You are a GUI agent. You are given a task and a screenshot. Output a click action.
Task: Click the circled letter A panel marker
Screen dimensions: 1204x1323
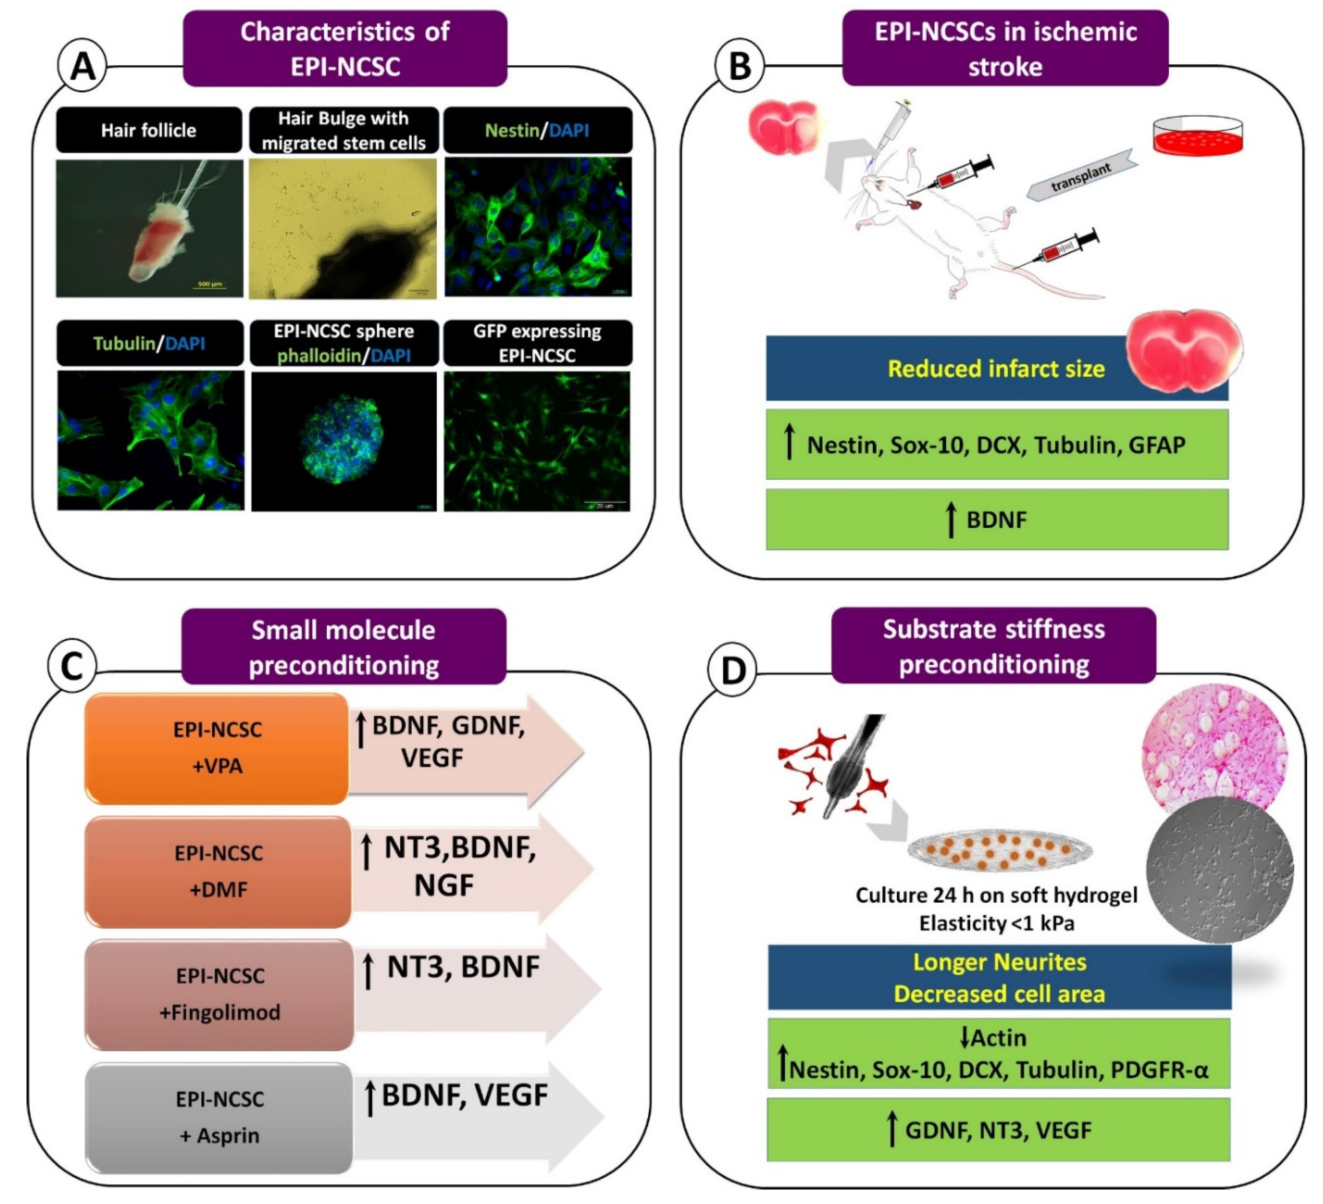click(x=83, y=67)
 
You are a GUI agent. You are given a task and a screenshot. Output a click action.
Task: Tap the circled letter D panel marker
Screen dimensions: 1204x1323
click(x=732, y=670)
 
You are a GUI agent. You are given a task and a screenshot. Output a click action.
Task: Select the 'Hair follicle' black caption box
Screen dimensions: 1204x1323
click(x=149, y=130)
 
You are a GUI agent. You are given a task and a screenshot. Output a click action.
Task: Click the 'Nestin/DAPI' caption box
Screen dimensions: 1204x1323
click(x=537, y=130)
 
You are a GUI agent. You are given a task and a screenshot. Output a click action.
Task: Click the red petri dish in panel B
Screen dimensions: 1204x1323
click(x=1198, y=136)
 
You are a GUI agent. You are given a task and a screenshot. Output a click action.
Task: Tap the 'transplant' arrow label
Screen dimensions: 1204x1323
click(x=1081, y=176)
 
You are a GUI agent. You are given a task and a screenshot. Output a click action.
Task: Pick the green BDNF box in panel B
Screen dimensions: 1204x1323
click(x=996, y=519)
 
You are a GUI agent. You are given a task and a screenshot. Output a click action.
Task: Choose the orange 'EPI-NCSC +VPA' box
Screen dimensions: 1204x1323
click(x=217, y=748)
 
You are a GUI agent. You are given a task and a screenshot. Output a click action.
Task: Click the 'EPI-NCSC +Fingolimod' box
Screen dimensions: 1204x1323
click(x=220, y=994)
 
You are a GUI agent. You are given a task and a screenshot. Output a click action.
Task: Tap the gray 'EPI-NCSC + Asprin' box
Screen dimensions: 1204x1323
click(x=220, y=1117)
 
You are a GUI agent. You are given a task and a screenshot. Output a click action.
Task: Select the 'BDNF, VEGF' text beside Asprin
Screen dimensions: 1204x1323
click(x=464, y=1095)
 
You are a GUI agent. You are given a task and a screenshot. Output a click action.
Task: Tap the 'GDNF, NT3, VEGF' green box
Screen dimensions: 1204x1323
click(x=998, y=1130)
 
